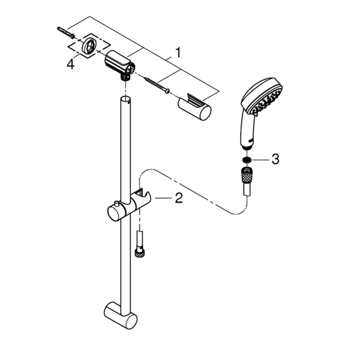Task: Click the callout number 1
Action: [x=178, y=52]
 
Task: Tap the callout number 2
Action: [x=179, y=198]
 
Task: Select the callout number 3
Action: [x=275, y=159]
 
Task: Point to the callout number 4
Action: [x=71, y=64]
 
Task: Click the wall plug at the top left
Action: [x=65, y=32]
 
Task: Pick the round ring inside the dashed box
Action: [x=89, y=45]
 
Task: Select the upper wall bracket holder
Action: [x=119, y=65]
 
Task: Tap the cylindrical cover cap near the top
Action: [x=194, y=107]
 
